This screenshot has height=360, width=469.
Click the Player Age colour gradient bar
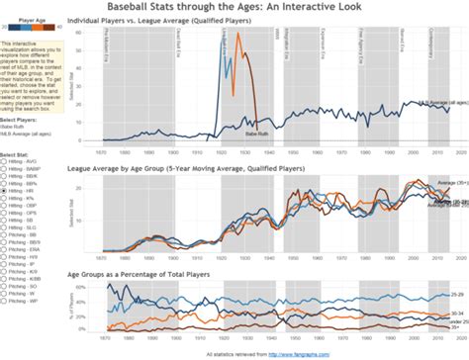click(x=29, y=29)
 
